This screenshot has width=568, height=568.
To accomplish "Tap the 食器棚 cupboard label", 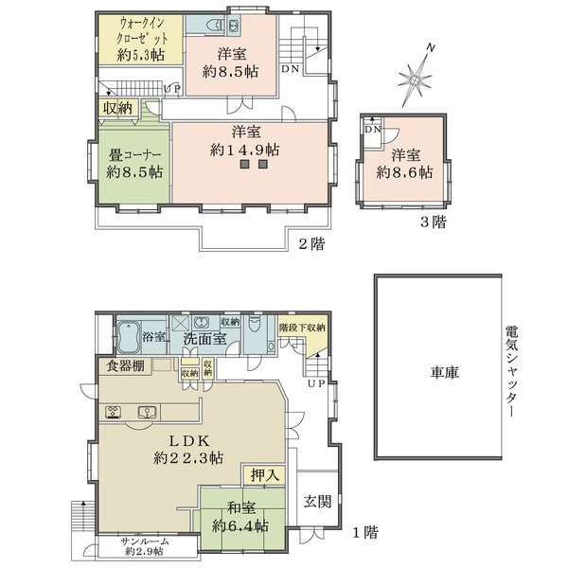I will tap(126, 366).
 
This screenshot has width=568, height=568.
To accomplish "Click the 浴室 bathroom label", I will tap(154, 337).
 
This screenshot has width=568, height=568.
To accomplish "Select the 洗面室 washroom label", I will tap(204, 337).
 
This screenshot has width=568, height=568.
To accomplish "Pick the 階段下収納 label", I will tap(303, 328).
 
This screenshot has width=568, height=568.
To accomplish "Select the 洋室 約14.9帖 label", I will tap(243, 141).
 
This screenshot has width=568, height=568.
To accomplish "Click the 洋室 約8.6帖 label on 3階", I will tap(404, 164).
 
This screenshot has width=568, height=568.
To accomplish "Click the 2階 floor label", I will tap(312, 244).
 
